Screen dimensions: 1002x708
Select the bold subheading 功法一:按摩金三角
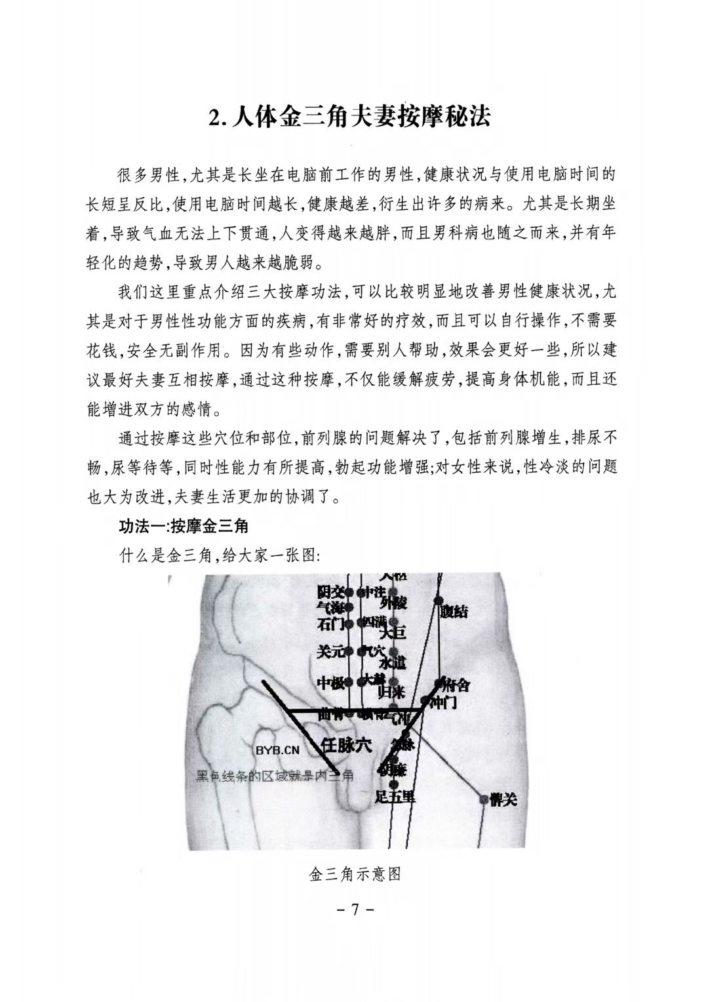pos(183,527)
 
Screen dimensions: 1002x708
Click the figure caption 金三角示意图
pos(354,875)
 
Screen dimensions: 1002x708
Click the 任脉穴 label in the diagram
pos(346,745)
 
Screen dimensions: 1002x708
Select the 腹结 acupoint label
pos(455,611)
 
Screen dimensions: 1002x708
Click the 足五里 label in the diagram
pos(395,797)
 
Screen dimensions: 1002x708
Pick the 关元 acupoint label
pos(330,652)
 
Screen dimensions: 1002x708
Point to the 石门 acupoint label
pos(330,624)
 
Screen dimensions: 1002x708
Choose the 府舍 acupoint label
pos(456,685)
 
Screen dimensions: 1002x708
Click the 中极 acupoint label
pos(330,683)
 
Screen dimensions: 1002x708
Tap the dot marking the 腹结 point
pos(438,600)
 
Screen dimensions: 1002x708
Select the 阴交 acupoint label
pos(330,592)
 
